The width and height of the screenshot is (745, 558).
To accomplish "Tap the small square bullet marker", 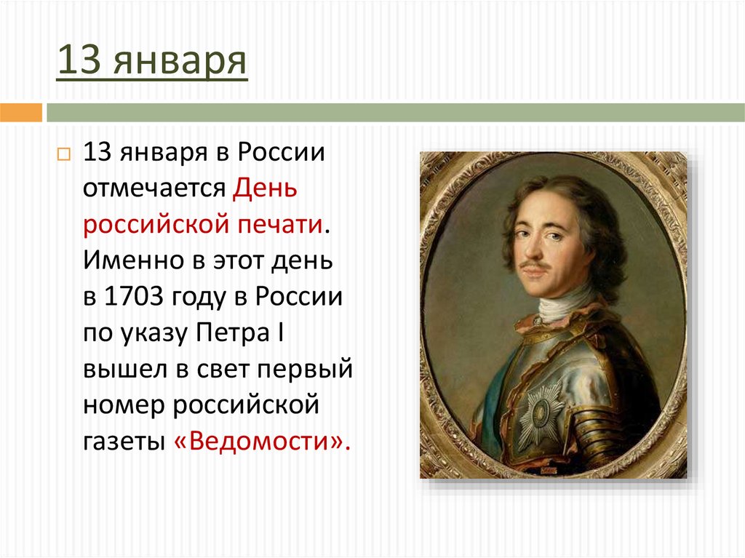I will pos(63,155).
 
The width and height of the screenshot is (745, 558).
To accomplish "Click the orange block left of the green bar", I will pos(20,113).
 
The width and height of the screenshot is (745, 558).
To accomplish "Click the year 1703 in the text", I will pos(136,297).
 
